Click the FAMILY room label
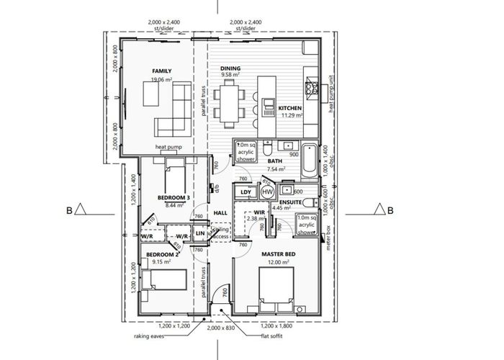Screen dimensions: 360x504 161,71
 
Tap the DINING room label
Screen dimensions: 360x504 230,66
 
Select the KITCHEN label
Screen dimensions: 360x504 290,108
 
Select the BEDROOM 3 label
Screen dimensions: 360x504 174,197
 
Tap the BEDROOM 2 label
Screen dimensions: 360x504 162,255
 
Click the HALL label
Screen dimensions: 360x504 221,213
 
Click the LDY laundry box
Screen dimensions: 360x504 246,192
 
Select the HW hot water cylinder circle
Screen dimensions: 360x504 267,192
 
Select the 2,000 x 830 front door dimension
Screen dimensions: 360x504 221,327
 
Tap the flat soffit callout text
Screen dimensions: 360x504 276,336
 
